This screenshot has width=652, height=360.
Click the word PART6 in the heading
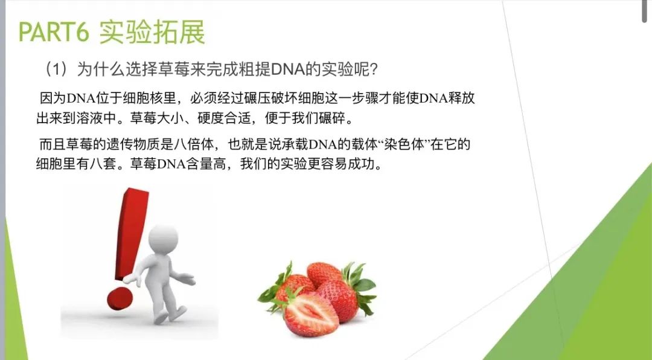point(54,32)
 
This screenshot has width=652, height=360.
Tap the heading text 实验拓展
point(152,32)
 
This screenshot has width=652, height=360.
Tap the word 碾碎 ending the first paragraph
point(333,118)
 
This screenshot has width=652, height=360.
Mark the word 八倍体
point(194,144)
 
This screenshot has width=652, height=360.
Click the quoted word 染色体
point(406,144)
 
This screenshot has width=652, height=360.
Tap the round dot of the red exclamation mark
point(120,298)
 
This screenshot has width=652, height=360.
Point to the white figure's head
point(163,238)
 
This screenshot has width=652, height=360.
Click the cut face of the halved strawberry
point(312,314)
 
